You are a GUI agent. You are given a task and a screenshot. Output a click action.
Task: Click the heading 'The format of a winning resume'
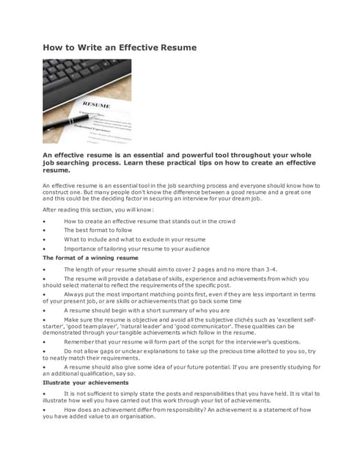pyautogui.click(x=90, y=258)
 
